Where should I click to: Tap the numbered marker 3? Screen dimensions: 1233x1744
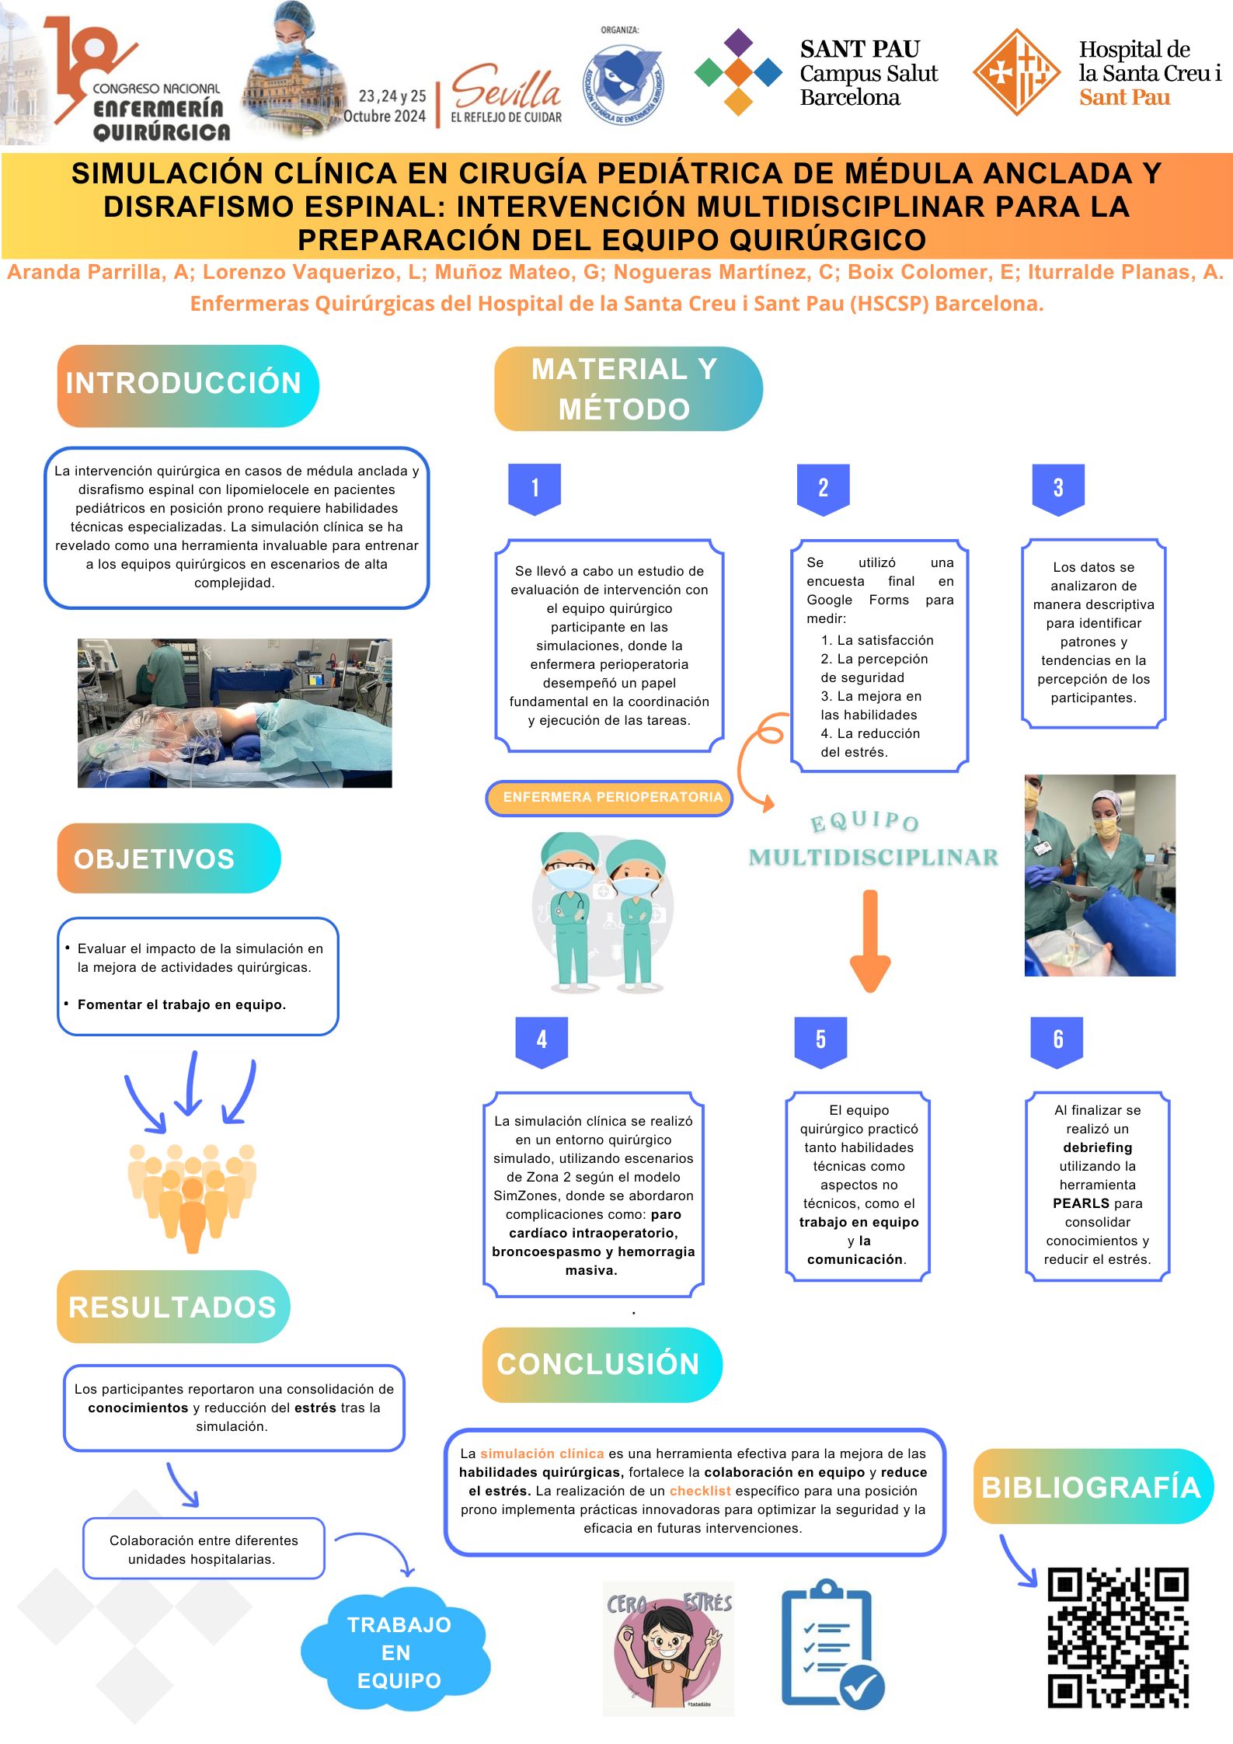(x=1057, y=489)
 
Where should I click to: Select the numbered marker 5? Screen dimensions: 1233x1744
(x=820, y=1041)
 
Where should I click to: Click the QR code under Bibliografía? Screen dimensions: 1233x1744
(x=1117, y=1638)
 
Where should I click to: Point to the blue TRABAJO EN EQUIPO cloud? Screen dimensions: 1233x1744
(x=395, y=1652)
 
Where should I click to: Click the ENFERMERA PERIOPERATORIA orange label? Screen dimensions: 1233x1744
(x=609, y=798)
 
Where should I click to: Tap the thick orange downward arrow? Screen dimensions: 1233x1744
(x=870, y=941)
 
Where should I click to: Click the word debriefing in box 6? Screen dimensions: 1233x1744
(x=1097, y=1147)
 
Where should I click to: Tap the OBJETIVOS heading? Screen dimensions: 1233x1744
(x=154, y=859)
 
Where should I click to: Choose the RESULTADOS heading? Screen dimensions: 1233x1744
(x=172, y=1307)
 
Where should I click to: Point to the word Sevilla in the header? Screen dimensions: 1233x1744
(x=506, y=87)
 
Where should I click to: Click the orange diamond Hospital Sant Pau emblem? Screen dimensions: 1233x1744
(x=1017, y=72)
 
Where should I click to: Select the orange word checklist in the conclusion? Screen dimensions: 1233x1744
(x=700, y=1491)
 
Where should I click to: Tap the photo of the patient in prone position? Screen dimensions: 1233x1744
(x=235, y=713)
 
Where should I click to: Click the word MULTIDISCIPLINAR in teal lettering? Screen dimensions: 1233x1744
(x=873, y=858)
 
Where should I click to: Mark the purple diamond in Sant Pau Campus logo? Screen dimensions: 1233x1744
(x=738, y=44)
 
